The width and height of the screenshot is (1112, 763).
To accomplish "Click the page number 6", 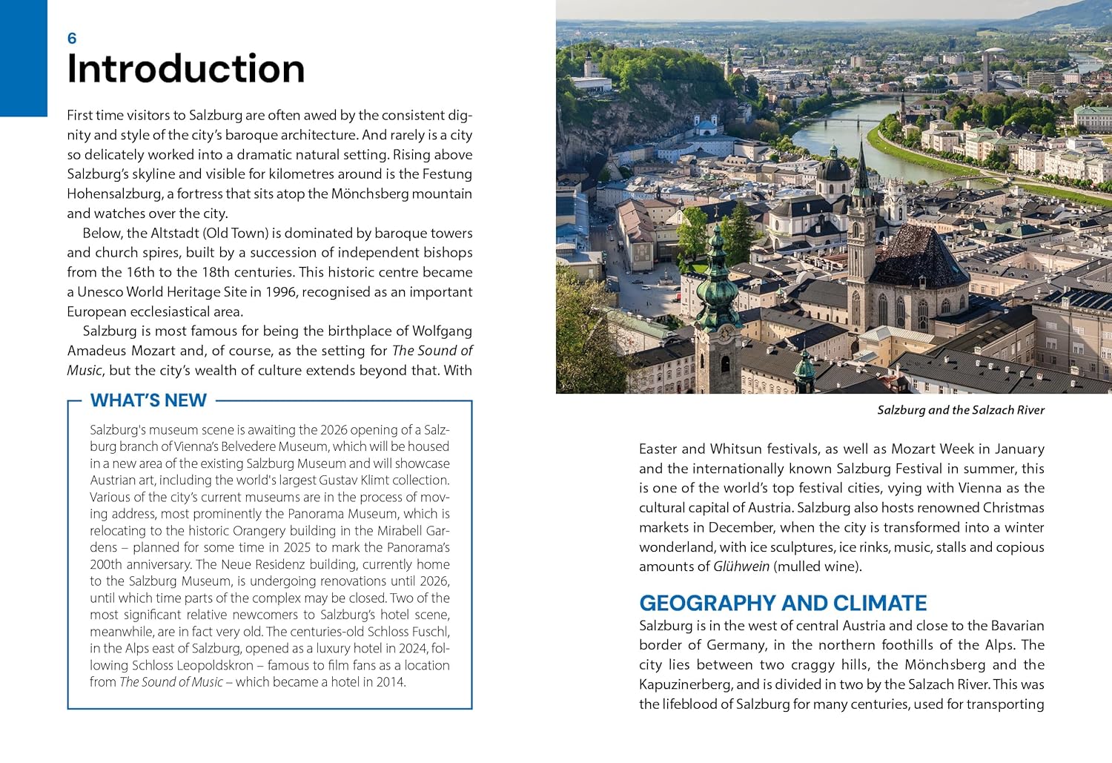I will [x=72, y=39].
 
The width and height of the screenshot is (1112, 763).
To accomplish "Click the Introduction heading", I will [x=185, y=69].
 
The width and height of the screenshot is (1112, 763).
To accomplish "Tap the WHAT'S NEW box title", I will [x=148, y=400].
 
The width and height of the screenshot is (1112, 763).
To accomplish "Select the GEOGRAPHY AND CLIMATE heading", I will [x=783, y=603].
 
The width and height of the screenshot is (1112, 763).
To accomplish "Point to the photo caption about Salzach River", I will [x=960, y=410].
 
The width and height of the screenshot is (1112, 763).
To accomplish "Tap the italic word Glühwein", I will [x=741, y=567].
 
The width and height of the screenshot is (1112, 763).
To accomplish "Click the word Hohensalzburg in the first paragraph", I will [x=114, y=194].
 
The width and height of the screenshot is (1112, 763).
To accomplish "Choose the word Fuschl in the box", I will [x=430, y=632].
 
